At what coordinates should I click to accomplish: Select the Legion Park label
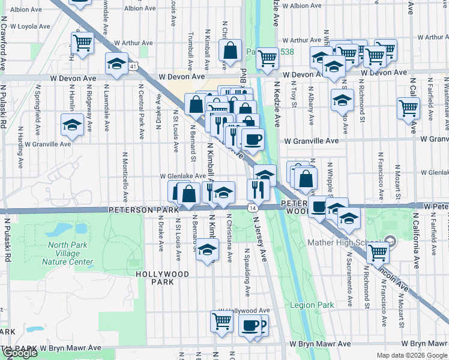click(x=312, y=305)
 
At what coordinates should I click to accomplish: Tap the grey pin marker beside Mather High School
click(x=391, y=242)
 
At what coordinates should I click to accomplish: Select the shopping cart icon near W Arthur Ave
click(x=82, y=43)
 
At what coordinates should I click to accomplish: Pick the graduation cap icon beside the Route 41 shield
click(x=117, y=63)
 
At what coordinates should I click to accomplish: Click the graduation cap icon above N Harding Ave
click(x=73, y=126)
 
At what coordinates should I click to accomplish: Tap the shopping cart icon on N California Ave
click(x=408, y=109)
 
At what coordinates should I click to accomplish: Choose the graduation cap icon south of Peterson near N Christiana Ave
click(x=207, y=249)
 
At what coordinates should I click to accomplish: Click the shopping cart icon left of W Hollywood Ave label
click(x=221, y=321)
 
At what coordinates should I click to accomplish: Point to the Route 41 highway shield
click(x=133, y=65)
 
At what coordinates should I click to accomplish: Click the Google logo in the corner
click(x=20, y=353)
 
